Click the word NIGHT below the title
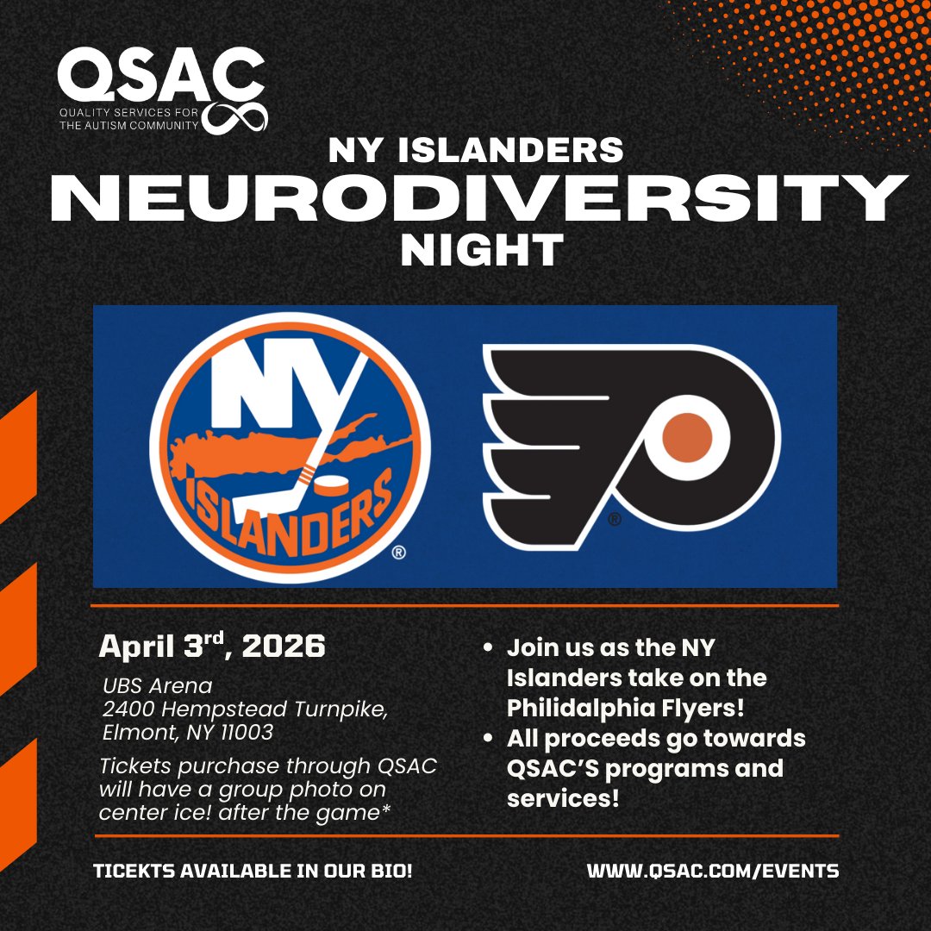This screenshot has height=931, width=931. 481,250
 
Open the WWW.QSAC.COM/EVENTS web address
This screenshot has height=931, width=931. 713,871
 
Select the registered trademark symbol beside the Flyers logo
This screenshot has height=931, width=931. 614,519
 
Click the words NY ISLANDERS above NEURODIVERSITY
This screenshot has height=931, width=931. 476,150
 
